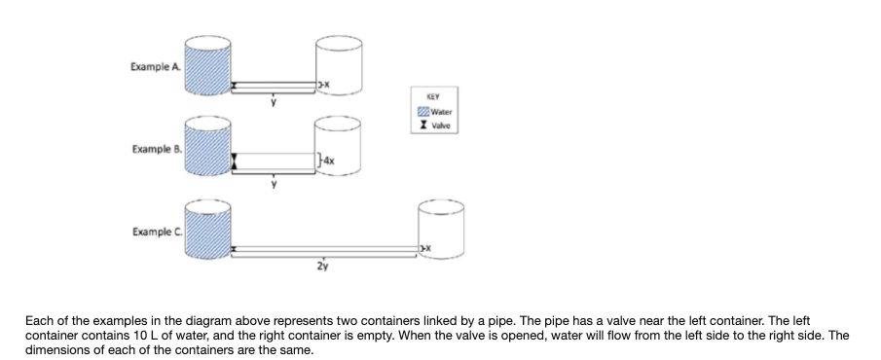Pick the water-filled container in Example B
206,148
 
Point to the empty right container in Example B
338,148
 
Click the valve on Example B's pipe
234,161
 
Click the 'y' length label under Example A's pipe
274,100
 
